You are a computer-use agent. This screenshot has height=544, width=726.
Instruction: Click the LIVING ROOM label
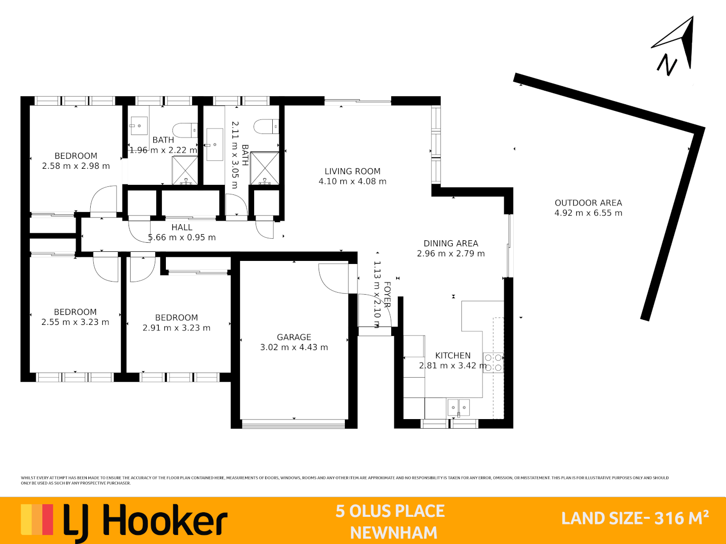click(x=352, y=171)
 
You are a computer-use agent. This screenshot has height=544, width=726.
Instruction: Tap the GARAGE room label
click(x=294, y=337)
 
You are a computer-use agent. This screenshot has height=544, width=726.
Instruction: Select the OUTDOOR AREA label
click(x=588, y=202)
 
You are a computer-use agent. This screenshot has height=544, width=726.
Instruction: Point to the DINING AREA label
click(x=451, y=243)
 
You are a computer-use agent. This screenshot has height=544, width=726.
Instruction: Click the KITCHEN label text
click(x=453, y=355)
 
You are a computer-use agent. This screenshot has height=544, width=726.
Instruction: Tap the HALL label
click(x=182, y=227)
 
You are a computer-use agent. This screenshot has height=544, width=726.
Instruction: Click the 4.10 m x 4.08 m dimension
click(x=352, y=181)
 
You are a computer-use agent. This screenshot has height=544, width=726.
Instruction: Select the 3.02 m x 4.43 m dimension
click(x=294, y=347)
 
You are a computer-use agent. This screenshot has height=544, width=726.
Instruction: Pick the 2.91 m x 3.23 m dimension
click(x=176, y=328)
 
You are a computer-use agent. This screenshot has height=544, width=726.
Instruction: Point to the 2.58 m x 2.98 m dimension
click(x=76, y=166)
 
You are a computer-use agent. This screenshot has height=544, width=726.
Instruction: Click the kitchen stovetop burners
click(x=494, y=362)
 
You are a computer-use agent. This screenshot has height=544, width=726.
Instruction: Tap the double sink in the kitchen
click(x=459, y=407)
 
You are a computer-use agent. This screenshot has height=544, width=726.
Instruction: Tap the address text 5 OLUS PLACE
click(x=390, y=511)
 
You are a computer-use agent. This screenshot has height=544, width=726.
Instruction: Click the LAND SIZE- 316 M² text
click(x=635, y=518)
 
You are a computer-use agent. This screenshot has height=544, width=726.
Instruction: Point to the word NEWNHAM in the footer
click(x=394, y=532)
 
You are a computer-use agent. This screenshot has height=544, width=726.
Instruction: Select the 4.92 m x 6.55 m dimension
click(x=588, y=213)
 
